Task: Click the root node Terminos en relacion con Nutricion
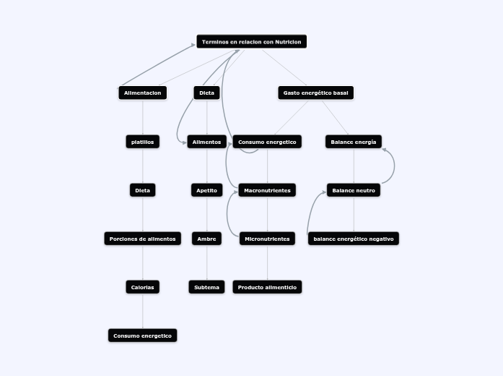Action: pos(251,42)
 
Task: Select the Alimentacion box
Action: pos(142,93)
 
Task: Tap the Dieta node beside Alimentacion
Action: pos(206,93)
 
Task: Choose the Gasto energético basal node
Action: pos(315,93)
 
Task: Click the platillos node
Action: pos(142,142)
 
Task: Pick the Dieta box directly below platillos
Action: pos(142,190)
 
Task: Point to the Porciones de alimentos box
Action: pos(142,239)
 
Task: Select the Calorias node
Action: pos(142,287)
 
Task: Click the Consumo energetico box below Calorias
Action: pos(142,336)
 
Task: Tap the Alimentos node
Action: pos(206,142)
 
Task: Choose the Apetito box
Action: pos(206,190)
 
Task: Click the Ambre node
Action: pos(206,239)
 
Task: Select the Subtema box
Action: pos(206,287)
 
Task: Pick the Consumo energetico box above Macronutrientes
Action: pos(267,142)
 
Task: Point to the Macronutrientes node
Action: pos(267,190)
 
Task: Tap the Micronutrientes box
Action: pos(267,239)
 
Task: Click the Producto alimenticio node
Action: pos(267,287)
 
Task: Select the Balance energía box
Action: pos(353,142)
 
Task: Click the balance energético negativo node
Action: pos(353,239)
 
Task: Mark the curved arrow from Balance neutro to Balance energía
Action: pos(394,166)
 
